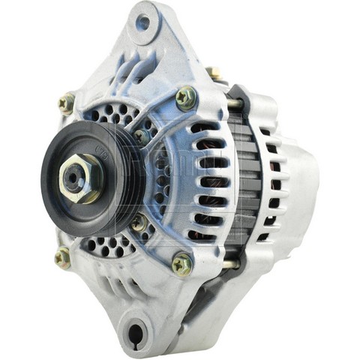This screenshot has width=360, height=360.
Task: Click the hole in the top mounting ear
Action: click(142, 23)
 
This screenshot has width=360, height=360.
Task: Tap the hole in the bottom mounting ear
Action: click(136, 330)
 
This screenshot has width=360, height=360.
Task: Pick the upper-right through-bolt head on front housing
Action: click(185, 97)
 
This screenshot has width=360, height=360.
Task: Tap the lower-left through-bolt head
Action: click(62, 257)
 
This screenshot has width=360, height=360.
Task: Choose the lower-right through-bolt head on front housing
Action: click(181, 262)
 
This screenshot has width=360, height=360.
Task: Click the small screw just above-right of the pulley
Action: click(140, 136)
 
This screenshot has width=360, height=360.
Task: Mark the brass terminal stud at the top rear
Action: click(214, 73)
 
